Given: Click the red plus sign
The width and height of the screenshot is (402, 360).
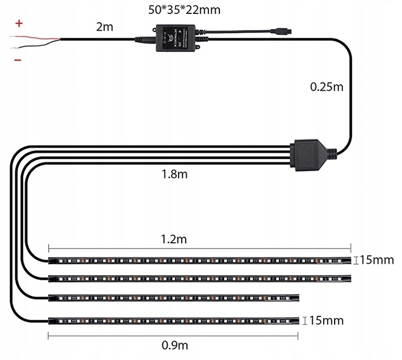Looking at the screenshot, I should pos(19,24).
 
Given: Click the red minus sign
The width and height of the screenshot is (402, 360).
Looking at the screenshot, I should pos(19,60).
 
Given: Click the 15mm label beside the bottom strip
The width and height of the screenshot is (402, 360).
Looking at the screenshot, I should pos(327,320).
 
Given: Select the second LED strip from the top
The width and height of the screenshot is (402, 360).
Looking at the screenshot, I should pos(200,278).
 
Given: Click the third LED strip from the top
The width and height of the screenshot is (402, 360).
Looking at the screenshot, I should pos(174,297).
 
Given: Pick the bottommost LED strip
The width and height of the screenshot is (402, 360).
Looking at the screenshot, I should pos(174,320).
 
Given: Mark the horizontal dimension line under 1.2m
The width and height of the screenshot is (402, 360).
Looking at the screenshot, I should pos(200,246).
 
